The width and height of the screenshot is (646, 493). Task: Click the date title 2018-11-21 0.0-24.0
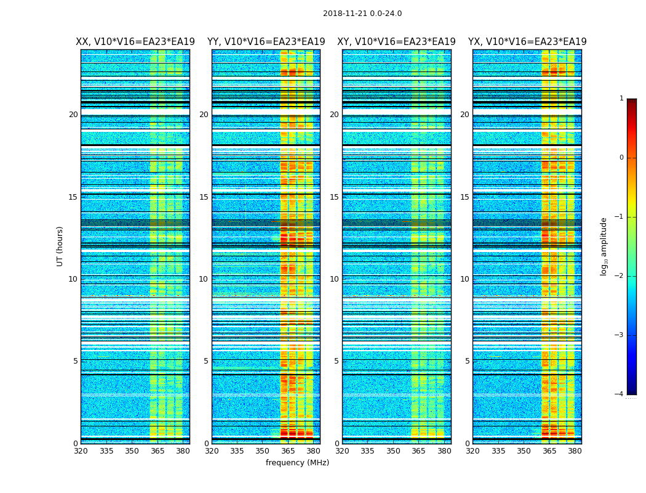(362, 14)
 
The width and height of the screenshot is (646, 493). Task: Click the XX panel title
(135, 42)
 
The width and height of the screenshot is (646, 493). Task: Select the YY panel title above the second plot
(266, 42)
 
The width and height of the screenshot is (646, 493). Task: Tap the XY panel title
(396, 42)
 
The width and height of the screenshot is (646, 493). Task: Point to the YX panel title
(527, 42)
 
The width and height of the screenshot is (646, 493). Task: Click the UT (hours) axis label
(60, 246)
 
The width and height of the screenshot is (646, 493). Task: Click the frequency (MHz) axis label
(297, 463)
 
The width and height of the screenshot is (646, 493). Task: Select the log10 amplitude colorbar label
(604, 246)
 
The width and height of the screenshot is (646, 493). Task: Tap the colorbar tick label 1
(621, 99)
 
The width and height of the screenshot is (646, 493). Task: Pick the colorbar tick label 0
(621, 158)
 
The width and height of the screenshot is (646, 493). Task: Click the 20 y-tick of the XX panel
(73, 115)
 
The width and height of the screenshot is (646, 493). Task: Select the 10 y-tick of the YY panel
(204, 279)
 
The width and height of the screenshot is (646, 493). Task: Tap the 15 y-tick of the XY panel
(334, 197)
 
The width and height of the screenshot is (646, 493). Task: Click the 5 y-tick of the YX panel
(467, 361)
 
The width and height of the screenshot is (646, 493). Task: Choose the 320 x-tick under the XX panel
(81, 451)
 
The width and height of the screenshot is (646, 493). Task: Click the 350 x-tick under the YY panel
(263, 451)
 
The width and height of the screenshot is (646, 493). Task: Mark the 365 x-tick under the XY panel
(418, 451)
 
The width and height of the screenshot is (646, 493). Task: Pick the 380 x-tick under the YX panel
(575, 451)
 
